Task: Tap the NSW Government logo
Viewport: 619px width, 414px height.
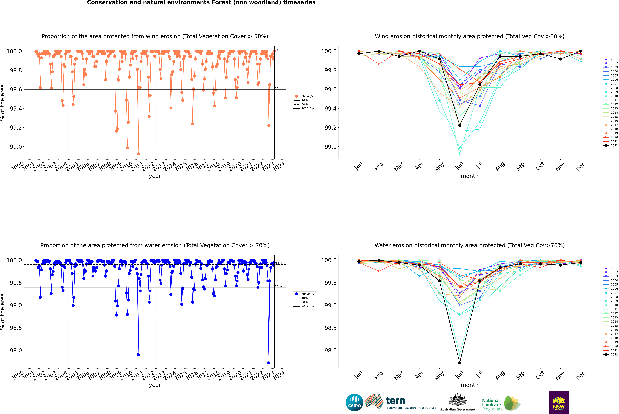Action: point(559,402)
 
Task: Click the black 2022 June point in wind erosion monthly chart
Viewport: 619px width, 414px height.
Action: point(460,125)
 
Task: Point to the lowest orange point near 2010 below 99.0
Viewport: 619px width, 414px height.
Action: point(138,154)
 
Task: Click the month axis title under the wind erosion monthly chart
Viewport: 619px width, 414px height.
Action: point(470,176)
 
